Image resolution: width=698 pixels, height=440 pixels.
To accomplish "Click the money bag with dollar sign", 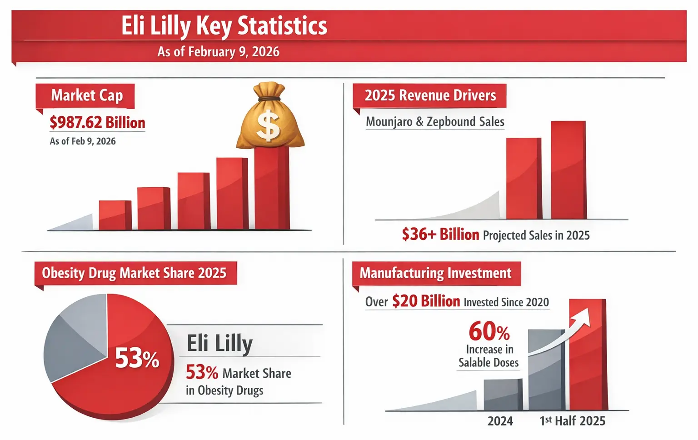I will [269, 118].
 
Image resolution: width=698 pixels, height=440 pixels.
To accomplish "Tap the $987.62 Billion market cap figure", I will [97, 123].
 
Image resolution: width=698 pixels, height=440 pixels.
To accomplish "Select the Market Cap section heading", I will [86, 95].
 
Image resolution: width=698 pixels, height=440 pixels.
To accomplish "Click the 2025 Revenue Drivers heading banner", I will [430, 95].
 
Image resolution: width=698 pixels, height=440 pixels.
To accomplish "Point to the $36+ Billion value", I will [440, 235].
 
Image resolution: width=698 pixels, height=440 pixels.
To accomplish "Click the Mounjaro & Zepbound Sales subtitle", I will [435, 122].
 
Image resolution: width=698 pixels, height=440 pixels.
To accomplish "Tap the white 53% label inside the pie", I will [137, 359].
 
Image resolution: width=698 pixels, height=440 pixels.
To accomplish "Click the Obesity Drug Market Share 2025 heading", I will [134, 273].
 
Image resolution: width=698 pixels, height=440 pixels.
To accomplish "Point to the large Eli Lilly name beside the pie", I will [219, 343].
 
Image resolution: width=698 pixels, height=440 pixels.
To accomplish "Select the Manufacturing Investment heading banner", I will [435, 273].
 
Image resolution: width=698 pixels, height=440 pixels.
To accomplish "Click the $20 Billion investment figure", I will [426, 302].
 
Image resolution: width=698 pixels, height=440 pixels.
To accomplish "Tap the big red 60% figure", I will [489, 331].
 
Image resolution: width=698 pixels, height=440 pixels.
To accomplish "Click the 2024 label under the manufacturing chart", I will [500, 421].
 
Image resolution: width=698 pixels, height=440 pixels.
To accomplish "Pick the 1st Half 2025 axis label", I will [572, 421].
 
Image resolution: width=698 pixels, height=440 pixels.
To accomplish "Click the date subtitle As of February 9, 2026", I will [218, 52].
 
